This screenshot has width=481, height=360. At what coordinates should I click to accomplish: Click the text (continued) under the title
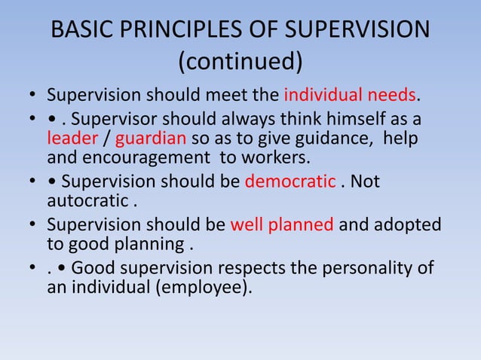coord(240,63)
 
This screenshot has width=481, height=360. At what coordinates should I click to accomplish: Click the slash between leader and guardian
coord(106,140)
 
